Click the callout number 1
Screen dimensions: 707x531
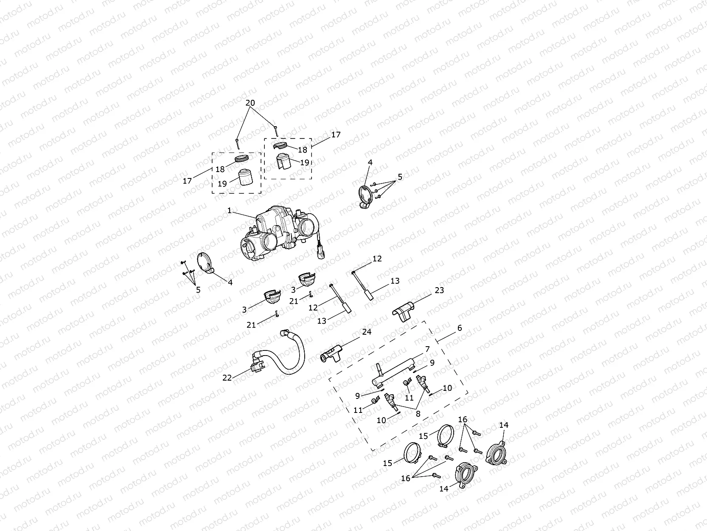[x=229, y=211]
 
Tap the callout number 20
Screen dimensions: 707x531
[x=250, y=103]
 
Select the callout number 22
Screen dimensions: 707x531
[x=227, y=378]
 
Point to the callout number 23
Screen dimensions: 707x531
[x=439, y=290]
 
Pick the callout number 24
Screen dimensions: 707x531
[x=367, y=332]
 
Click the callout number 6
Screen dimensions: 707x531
[x=460, y=328]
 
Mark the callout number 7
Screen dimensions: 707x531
[x=427, y=349]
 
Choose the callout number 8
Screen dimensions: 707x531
[x=418, y=414]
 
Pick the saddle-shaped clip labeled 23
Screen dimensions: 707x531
[x=403, y=311]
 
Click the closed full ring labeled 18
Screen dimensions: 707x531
[x=241, y=158]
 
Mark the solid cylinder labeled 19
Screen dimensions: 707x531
[x=245, y=177]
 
